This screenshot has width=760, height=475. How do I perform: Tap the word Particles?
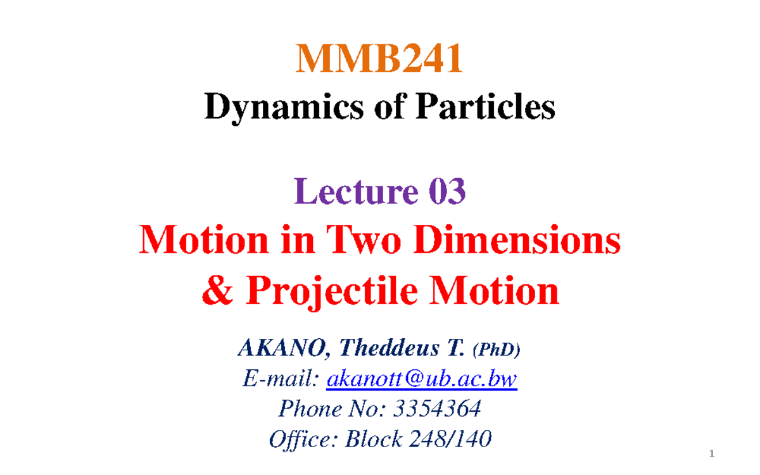485,107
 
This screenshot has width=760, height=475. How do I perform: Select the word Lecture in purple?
352,191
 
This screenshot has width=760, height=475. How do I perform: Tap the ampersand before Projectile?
218,291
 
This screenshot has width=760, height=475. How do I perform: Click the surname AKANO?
284,348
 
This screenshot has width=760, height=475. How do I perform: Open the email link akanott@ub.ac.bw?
421,379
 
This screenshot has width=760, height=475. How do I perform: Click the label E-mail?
281,379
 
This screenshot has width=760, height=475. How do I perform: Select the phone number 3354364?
437,409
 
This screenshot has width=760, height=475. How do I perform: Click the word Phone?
303,409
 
